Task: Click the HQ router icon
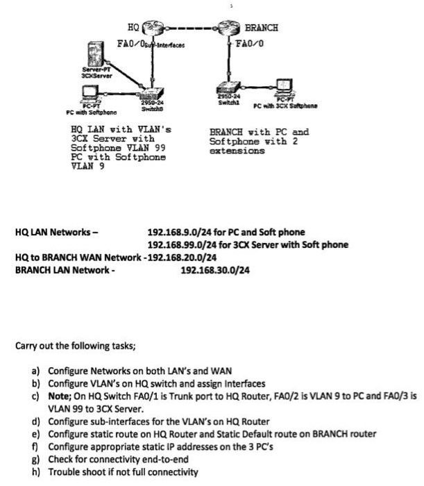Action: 151,30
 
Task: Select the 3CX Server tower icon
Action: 94,58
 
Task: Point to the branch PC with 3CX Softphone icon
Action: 285,86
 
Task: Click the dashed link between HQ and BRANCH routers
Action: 188,30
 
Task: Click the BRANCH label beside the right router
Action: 262,28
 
